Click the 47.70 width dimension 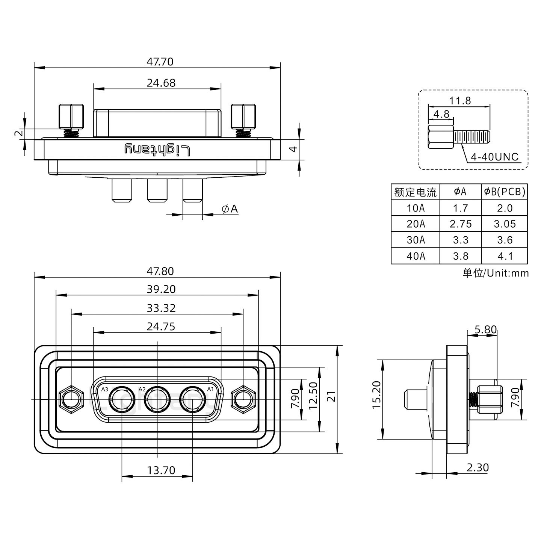(x=160, y=62)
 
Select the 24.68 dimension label (x=161, y=83)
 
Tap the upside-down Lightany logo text (x=157, y=150)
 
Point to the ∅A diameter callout (x=230, y=209)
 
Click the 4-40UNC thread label (x=494, y=157)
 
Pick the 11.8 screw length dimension (x=459, y=101)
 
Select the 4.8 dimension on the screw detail (x=441, y=114)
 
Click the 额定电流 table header (x=415, y=192)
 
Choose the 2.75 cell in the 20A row (x=460, y=224)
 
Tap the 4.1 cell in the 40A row (x=505, y=256)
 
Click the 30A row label (x=415, y=240)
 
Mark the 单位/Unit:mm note (x=495, y=273)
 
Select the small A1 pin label (x=210, y=389)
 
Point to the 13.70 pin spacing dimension (x=161, y=470)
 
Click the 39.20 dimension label (x=161, y=289)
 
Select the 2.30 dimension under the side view (x=477, y=467)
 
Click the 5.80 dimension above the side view (x=485, y=330)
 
